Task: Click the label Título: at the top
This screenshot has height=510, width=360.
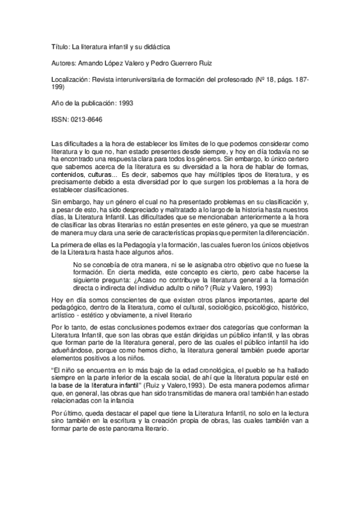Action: point(59,46)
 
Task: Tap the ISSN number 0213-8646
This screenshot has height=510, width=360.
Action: point(87,119)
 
